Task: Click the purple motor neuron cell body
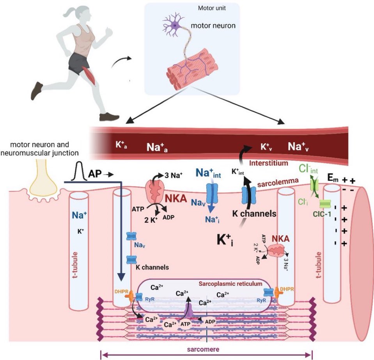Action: (x=175, y=26)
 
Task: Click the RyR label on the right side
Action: (x=250, y=300)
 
